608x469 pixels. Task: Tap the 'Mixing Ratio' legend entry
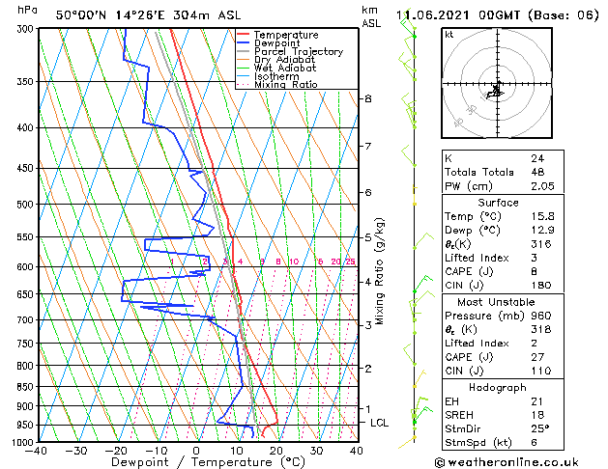[x=286, y=85]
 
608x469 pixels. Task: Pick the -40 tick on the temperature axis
[x=37, y=451]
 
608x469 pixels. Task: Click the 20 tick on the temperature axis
[x=276, y=451]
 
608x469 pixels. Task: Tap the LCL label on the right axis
[x=381, y=423]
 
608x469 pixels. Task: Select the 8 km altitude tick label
[x=367, y=98]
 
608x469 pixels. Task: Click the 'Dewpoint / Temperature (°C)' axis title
[x=196, y=462]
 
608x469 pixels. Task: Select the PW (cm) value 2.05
[x=543, y=186]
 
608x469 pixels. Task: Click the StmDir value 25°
[x=540, y=428]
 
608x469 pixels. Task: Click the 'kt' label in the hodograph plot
[x=449, y=34]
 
